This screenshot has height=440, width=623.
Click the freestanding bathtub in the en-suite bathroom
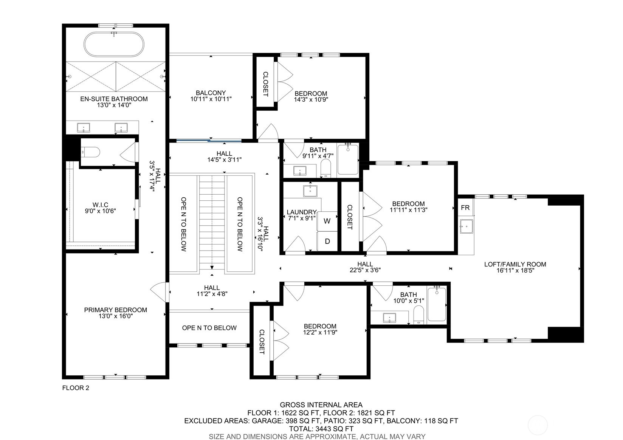click(x=114, y=45)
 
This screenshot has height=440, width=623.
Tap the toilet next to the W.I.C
click(x=91, y=152)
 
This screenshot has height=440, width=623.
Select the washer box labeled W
click(x=327, y=221)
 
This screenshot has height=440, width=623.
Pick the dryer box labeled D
click(x=327, y=241)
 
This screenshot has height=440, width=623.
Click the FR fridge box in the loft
click(x=465, y=208)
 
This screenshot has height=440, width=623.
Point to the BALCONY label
click(x=211, y=93)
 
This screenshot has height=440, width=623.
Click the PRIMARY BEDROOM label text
click(x=115, y=310)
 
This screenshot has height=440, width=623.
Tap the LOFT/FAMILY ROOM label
click(x=515, y=264)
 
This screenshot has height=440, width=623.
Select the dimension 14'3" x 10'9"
click(x=311, y=100)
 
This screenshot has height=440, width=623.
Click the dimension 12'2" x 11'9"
click(x=320, y=332)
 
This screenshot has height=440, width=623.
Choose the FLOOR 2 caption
click(x=76, y=387)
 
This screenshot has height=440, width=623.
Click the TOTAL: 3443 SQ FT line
click(x=321, y=429)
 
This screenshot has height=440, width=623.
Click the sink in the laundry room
click(x=310, y=191)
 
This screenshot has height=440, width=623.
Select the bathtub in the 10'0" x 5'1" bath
click(x=437, y=304)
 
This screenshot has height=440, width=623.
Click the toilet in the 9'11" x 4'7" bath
click(x=325, y=169)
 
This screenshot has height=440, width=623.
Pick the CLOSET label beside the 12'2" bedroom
click(x=262, y=342)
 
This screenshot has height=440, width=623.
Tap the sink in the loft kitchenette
click(x=466, y=227)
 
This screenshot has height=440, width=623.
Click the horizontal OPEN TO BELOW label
click(x=209, y=328)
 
